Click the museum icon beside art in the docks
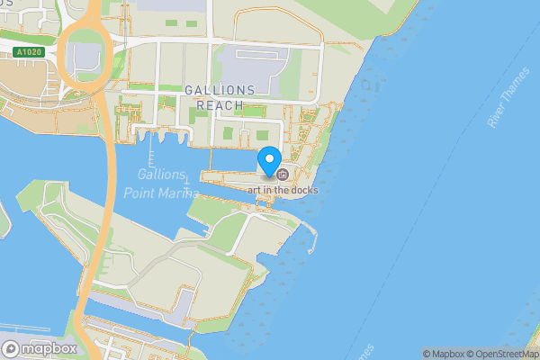click(x=283, y=174)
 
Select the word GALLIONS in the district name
click(x=220, y=91)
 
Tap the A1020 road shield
click(x=30, y=52)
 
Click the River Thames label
click(x=510, y=106)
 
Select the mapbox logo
click(x=41, y=348)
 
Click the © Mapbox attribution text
click(x=446, y=354)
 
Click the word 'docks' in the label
click(x=302, y=190)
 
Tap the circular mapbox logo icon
click(x=12, y=348)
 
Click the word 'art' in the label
click(x=264, y=190)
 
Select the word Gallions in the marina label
click(x=162, y=174)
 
